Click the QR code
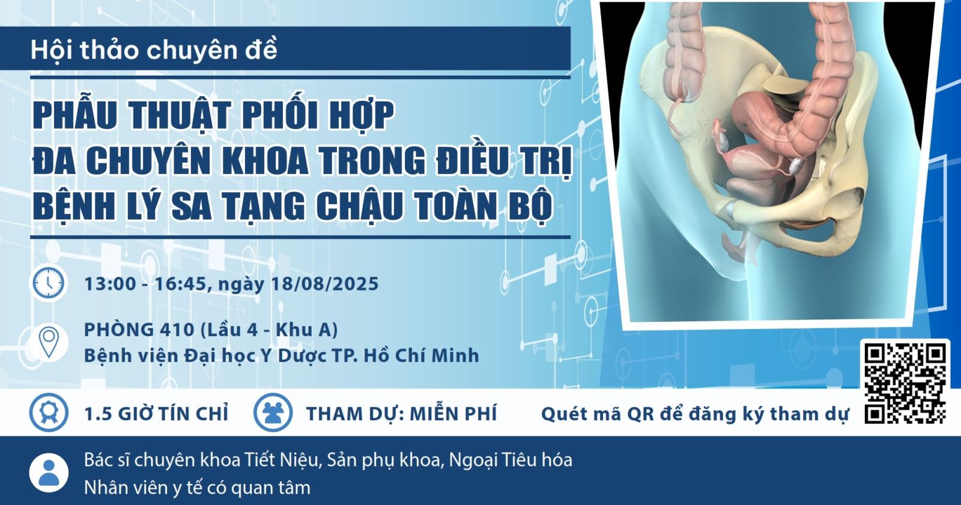[x=905, y=384]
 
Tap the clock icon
[x=49, y=283]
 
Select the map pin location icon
[x=49, y=342]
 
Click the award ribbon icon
[x=49, y=413]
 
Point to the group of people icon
[x=273, y=413]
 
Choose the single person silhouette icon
[x=49, y=473]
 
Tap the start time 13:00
[x=110, y=283]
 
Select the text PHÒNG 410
[x=139, y=330]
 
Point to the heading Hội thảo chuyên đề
[x=154, y=50]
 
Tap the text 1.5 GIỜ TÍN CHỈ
[x=156, y=414]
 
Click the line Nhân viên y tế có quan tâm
[x=197, y=488]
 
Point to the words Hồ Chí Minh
[x=421, y=355]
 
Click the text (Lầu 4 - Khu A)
[x=269, y=330]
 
